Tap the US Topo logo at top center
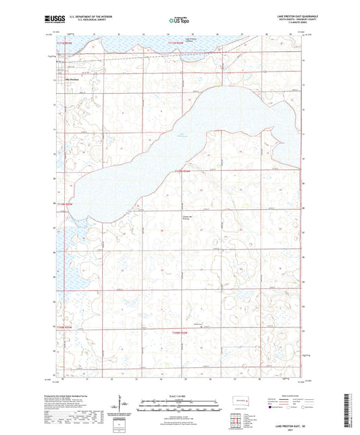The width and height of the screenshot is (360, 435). point(179,22)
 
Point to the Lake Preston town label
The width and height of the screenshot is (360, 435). point(72,78)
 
